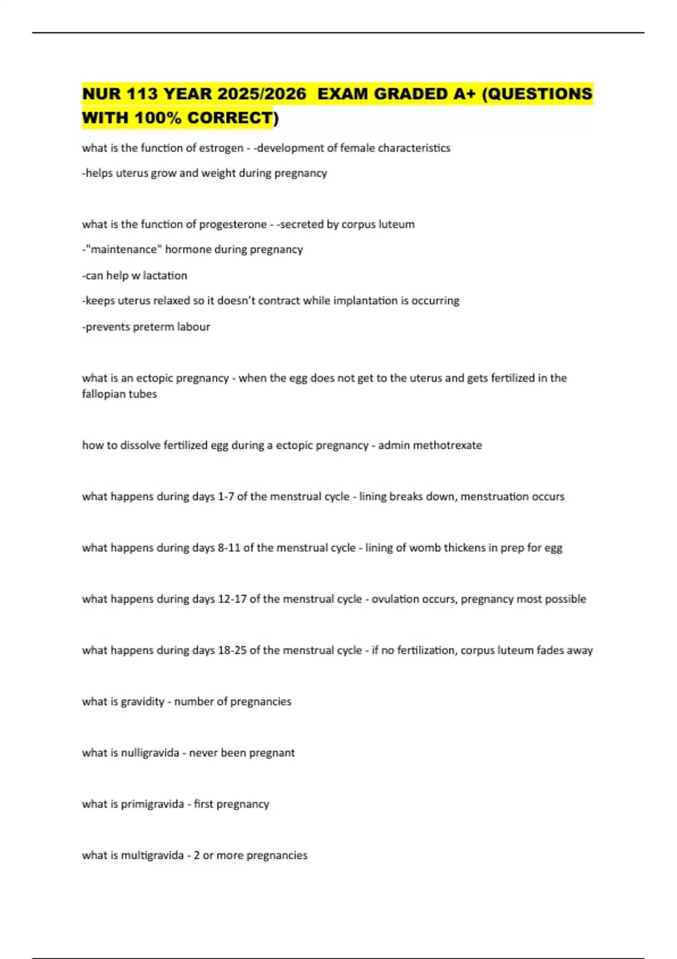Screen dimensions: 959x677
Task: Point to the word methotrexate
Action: tap(447, 445)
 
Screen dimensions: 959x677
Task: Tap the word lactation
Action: tap(165, 275)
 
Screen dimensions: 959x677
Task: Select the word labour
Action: tap(194, 327)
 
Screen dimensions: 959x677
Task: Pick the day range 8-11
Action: tap(229, 548)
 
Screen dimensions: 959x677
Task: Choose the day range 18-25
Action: tap(232, 650)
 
